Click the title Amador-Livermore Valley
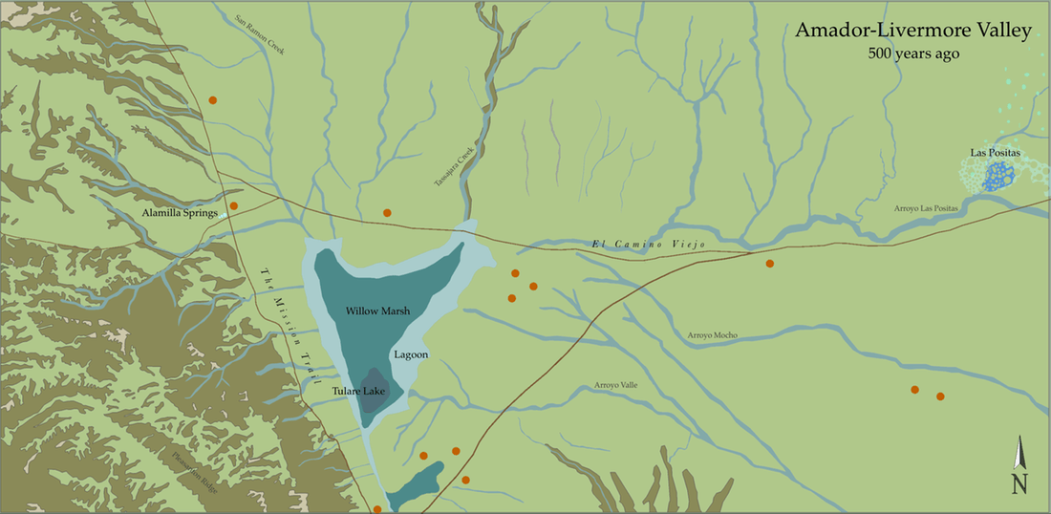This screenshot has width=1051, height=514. point(912,32)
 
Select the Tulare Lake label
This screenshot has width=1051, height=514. point(358,390)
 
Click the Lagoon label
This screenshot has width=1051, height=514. point(410,354)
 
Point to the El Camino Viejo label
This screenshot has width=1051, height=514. point(647,246)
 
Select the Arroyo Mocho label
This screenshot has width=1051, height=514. point(712,335)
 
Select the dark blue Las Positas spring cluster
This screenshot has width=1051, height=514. point(999,175)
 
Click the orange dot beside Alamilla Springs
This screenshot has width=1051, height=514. point(233,205)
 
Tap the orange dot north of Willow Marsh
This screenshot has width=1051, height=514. point(387,212)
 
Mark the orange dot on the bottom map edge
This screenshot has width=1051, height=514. point(377,509)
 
